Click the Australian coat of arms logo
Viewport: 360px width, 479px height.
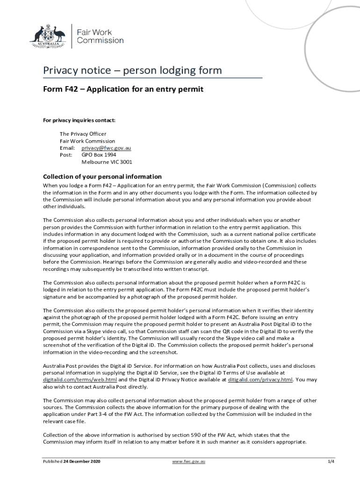[47, 34]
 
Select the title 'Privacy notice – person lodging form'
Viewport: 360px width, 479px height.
[132, 71]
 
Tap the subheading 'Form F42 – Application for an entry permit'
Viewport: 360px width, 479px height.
[123, 89]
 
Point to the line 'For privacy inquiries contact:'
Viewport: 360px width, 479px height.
[79, 120]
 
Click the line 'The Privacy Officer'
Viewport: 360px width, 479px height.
[83, 134]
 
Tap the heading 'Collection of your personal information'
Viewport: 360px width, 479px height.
[102, 177]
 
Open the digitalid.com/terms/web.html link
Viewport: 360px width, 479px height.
[80, 380]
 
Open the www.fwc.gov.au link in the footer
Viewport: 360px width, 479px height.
[189, 462]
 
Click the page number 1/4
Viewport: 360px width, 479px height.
[331, 462]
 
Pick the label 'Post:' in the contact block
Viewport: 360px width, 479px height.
[66, 155]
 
